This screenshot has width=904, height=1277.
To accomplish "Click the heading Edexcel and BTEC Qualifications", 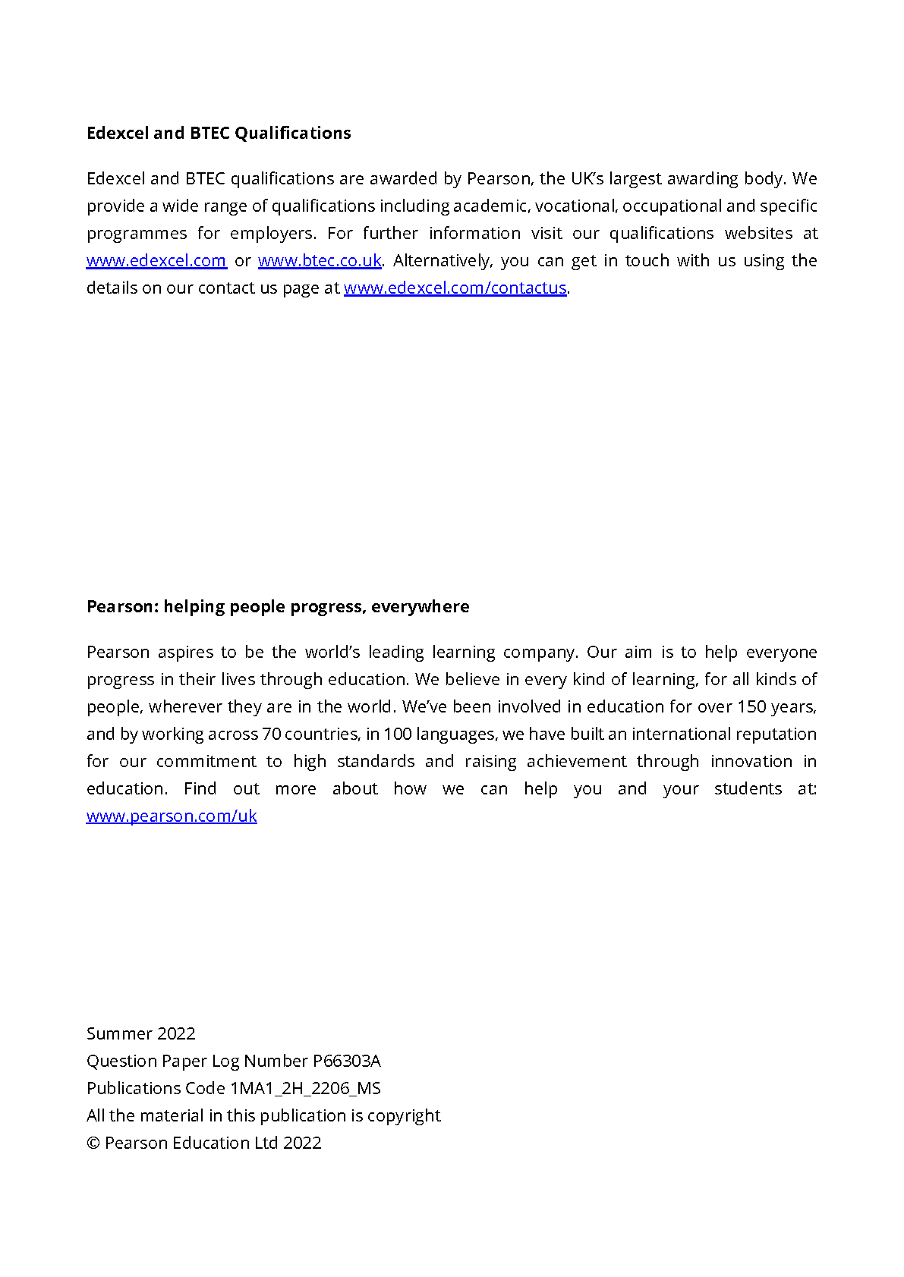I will [219, 134].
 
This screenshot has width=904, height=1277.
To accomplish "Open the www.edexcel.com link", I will [156, 261].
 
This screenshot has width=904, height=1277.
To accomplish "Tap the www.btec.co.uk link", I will [320, 261].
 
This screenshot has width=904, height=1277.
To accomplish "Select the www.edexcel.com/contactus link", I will [455, 288].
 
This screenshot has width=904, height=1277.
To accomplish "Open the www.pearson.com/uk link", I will [172, 816].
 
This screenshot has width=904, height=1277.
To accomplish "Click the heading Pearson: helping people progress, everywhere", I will [278, 607].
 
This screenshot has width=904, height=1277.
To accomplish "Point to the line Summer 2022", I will [141, 1034].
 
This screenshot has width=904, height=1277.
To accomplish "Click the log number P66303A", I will [347, 1062].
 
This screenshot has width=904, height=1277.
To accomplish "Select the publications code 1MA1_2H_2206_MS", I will [306, 1089].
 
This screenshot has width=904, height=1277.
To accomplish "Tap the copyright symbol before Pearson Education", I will [93, 1143].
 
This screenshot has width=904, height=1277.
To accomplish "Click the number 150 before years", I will [751, 707].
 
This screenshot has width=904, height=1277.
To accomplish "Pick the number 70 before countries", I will [271, 734].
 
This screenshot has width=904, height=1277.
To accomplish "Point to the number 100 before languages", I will [398, 734].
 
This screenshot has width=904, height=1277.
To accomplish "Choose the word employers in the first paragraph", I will [272, 234].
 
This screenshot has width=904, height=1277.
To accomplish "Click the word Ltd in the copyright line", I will [266, 1143].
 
